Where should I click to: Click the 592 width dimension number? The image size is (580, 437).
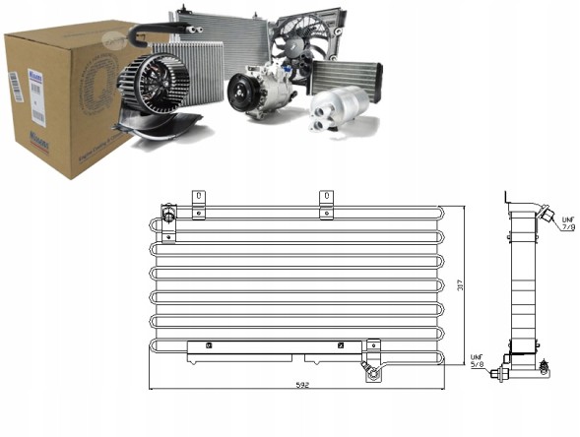point(298,386)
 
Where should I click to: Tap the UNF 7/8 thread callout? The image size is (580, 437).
point(568,221)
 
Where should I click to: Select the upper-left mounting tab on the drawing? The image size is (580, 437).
point(199,203)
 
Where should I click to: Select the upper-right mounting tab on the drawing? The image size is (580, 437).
point(326,203)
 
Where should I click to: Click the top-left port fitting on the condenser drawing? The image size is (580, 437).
point(167,216)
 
